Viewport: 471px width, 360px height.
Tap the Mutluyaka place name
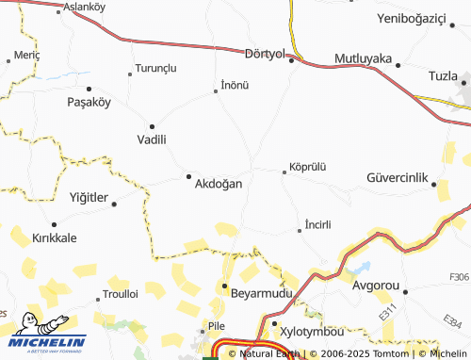pyautogui.click(x=363, y=57)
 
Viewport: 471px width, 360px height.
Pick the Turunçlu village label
pyautogui.click(x=155, y=69)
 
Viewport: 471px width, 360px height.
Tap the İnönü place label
pyautogui.click(x=234, y=85)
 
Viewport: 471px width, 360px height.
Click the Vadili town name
pyautogui.click(x=152, y=139)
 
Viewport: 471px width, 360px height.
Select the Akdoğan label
pyautogui.click(x=218, y=184)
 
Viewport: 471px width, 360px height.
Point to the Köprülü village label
pyautogui.click(x=308, y=166)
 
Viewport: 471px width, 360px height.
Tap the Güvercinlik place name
pyautogui.click(x=398, y=177)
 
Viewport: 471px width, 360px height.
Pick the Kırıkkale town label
pyautogui.click(x=54, y=238)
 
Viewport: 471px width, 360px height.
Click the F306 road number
pyautogui.click(x=459, y=276)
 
